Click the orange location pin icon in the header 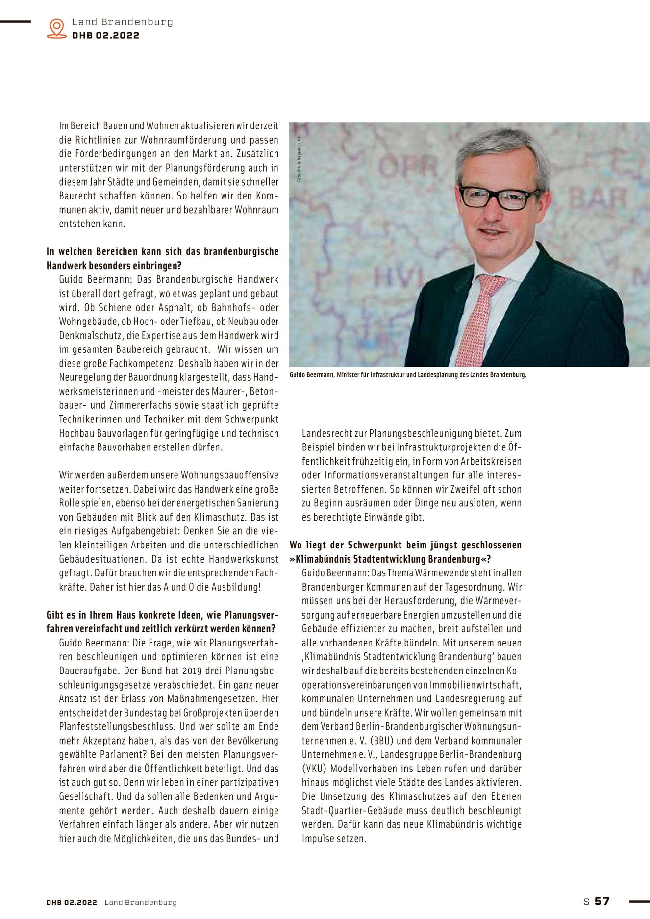pos(57,28)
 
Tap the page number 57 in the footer pos(602,901)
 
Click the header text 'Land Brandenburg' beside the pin pos(122,22)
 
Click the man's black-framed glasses pos(497,197)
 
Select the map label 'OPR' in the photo pos(408,167)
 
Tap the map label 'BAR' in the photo pos(598,199)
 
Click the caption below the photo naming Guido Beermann pos(407,375)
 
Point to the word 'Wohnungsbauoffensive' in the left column pos(229,475)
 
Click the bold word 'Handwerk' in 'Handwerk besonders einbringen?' pos(67,266)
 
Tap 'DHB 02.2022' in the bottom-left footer pos(72,902)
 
